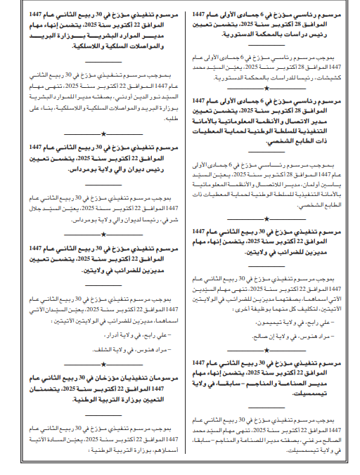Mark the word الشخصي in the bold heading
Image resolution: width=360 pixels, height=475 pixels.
[319, 141]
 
